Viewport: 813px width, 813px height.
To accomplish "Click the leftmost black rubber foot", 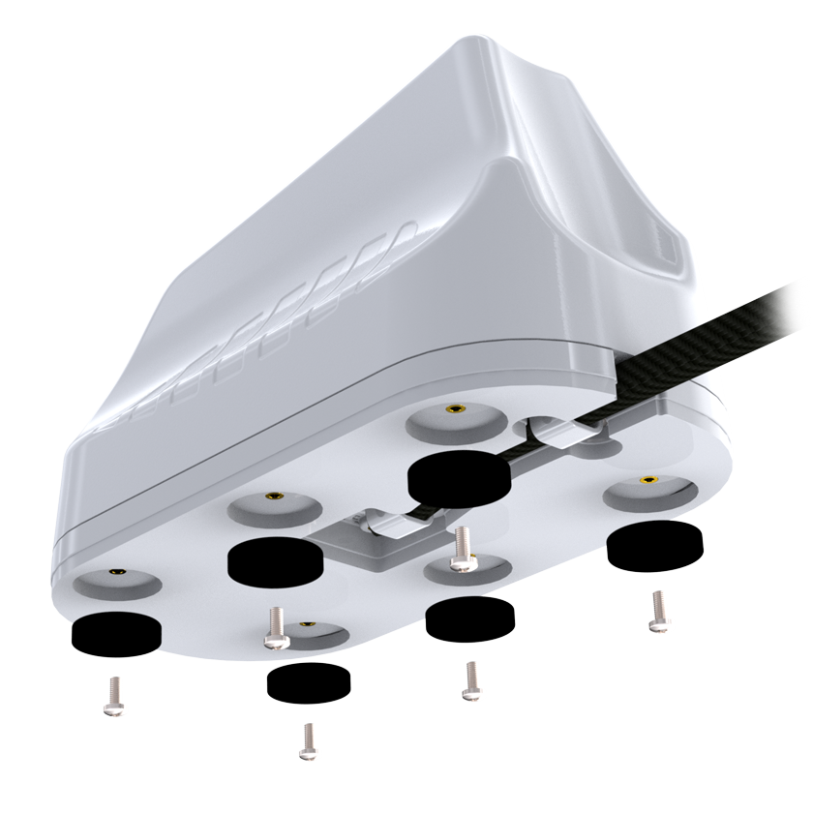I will pyautogui.click(x=117, y=631).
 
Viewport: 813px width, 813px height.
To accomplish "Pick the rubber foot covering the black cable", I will pyautogui.click(x=459, y=473).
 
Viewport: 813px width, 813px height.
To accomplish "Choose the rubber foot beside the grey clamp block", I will pyautogui.click(x=274, y=559).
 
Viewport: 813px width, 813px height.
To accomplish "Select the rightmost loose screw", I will pyautogui.click(x=657, y=610).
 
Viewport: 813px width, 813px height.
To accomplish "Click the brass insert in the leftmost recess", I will pyautogui.click(x=116, y=572).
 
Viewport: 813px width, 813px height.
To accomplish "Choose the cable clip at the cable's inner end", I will pyautogui.click(x=386, y=523).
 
